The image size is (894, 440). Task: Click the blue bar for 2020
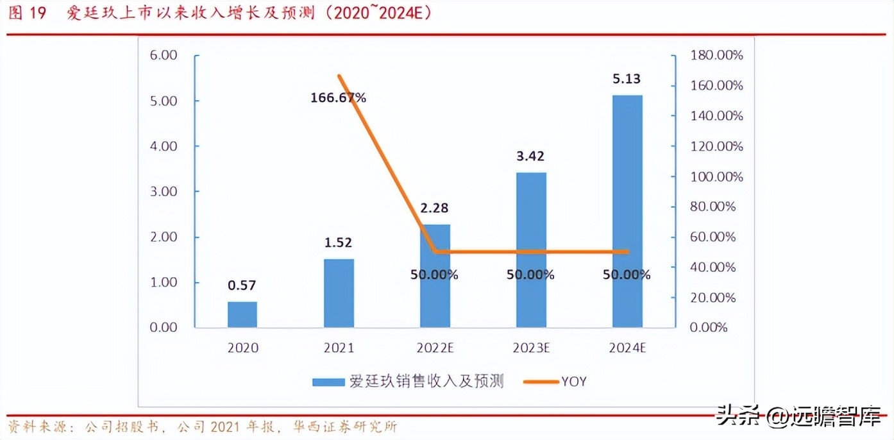242,314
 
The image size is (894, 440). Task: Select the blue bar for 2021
339,293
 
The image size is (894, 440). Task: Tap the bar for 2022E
435,276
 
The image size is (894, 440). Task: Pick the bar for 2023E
531,250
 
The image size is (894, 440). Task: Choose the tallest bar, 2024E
627,212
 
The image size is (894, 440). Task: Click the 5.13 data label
627,80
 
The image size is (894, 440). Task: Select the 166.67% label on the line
338,98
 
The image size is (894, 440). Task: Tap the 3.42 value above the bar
530,157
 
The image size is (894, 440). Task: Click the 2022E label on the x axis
435,348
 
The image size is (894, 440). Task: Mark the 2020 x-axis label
242,348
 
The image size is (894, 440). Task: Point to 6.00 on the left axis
164,55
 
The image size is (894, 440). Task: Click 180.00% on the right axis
716,55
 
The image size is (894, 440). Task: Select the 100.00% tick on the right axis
716,176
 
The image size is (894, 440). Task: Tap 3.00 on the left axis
164,192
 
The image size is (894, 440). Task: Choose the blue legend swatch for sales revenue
328,382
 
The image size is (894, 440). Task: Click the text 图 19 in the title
27,13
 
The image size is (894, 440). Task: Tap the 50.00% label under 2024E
627,275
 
